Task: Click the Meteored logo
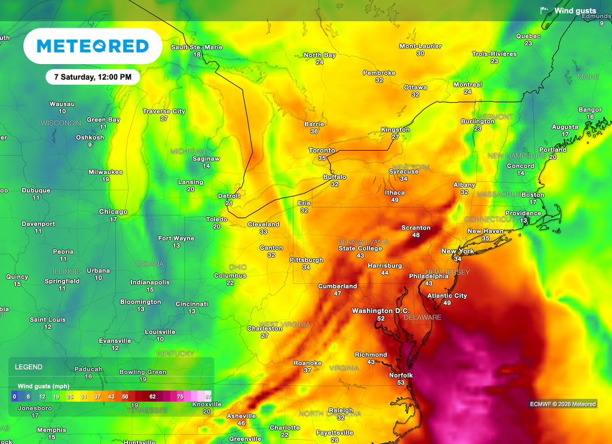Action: click(93, 46)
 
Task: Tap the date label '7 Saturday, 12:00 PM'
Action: click(93, 77)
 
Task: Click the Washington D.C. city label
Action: click(381, 311)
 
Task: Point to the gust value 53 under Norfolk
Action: click(400, 383)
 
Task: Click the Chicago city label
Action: click(113, 212)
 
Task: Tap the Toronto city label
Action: click(322, 150)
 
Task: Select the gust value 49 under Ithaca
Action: click(394, 200)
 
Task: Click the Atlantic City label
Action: click(447, 296)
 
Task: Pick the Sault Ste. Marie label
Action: click(197, 47)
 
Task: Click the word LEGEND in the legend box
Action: click(29, 367)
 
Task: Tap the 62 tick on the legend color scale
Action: click(152, 397)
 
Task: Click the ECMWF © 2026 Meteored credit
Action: click(562, 405)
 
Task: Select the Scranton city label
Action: click(415, 227)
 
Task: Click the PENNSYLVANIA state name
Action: click(363, 242)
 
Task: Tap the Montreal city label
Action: click(467, 84)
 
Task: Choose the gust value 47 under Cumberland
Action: click(338, 294)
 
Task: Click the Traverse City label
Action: click(164, 111)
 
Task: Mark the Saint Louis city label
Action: click(48, 320)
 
